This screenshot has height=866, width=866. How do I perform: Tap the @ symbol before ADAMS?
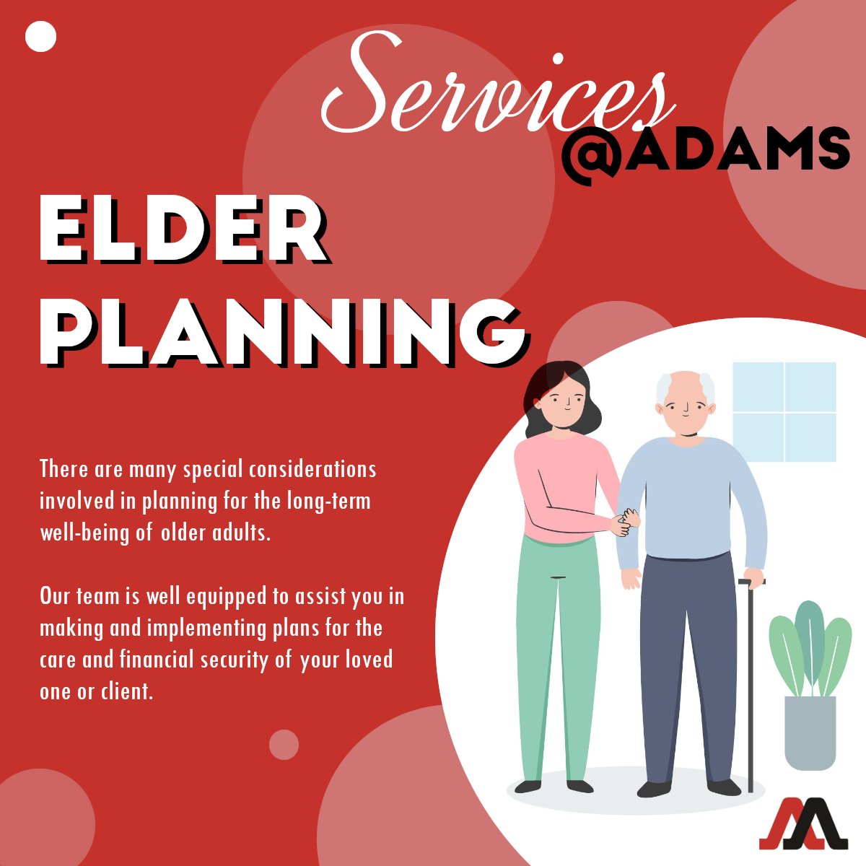pyautogui.click(x=590, y=152)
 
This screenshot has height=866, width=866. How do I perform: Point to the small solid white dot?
pyautogui.click(x=40, y=37)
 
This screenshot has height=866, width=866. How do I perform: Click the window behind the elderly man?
pyautogui.click(x=784, y=411)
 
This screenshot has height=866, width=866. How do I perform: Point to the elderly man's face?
pyautogui.click(x=685, y=408)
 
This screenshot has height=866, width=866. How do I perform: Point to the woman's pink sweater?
pyautogui.click(x=559, y=484)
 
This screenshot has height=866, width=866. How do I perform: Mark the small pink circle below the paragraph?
pyautogui.click(x=284, y=745)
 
